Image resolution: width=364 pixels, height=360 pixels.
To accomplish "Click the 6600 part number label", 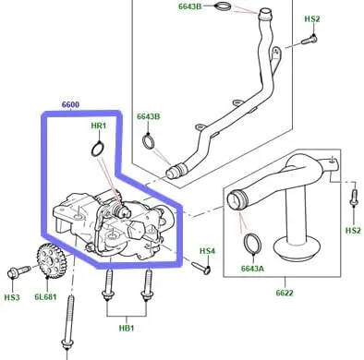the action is pos(70,104).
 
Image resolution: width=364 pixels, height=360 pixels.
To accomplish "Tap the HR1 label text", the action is pos(99,126).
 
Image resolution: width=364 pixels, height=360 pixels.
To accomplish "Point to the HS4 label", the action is pos(207,251).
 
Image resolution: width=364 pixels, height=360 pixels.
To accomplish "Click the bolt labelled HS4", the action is pos(201,268).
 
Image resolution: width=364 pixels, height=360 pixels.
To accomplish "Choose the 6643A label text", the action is pos(252,269).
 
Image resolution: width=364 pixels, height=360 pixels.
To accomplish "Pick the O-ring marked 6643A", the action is pos(253,244).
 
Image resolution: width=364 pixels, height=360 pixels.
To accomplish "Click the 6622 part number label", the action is pos(285,293).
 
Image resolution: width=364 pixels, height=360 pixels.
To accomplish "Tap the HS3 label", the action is pos(12,297).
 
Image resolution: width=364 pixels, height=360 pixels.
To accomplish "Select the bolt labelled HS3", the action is pos(18,272).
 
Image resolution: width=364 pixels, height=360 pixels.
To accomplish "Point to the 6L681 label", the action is pos(45,297).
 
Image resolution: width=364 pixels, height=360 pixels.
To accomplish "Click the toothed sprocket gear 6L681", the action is pos(52,260).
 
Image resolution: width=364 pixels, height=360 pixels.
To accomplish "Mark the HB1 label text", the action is pos(127,329).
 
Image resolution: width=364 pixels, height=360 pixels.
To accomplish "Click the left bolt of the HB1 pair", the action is pos(108,285).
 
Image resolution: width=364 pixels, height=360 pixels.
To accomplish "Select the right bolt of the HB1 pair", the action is pos(147,285).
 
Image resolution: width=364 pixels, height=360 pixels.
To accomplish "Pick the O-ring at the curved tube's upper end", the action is pos(224,6).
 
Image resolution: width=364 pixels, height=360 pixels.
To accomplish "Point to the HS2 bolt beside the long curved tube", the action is pos(309,40).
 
